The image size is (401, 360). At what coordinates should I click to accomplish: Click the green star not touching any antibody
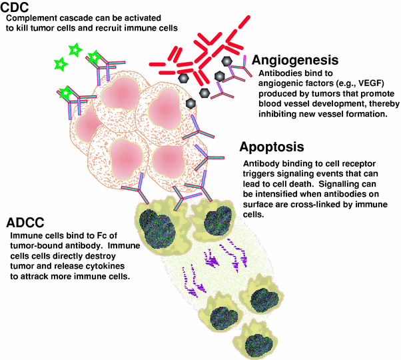(61, 63)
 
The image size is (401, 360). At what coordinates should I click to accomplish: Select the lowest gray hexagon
(191, 103)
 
